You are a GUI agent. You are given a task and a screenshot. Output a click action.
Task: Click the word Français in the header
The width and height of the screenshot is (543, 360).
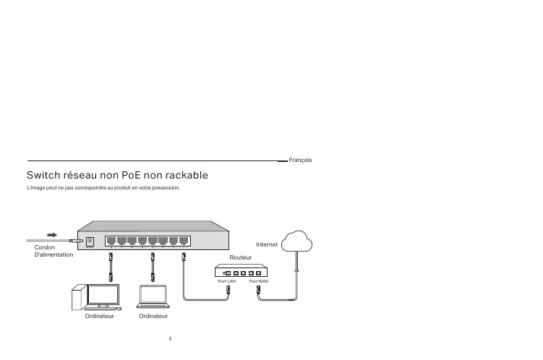(300, 159)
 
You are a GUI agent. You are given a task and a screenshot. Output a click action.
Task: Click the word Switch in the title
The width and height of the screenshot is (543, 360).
(44, 176)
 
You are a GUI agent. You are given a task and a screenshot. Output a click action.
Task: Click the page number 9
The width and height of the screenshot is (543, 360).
(169, 338)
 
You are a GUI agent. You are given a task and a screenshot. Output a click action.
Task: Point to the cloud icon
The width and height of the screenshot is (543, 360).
(297, 240)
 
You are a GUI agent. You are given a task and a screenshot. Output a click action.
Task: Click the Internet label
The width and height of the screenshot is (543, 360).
(268, 244)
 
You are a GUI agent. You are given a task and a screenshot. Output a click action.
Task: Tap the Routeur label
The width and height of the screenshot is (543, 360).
(239, 257)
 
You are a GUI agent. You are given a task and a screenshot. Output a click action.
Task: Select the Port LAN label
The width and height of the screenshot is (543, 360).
(227, 281)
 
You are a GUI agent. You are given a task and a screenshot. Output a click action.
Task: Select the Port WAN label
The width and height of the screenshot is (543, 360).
(258, 281)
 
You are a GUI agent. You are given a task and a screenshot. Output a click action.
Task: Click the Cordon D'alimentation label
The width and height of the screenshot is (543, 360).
(54, 251)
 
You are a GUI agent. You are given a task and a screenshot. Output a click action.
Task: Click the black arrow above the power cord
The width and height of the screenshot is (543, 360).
(53, 235)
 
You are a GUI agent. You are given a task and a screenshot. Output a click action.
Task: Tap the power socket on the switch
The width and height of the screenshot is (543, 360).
(90, 241)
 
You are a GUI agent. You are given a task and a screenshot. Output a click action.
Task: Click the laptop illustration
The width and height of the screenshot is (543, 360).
(153, 296)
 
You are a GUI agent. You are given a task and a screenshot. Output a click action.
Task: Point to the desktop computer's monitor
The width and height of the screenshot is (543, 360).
(102, 295)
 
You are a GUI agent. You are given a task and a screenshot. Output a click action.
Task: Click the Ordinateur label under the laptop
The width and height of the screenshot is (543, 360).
(153, 317)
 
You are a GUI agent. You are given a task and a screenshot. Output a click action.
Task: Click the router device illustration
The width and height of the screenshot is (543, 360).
(242, 271)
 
